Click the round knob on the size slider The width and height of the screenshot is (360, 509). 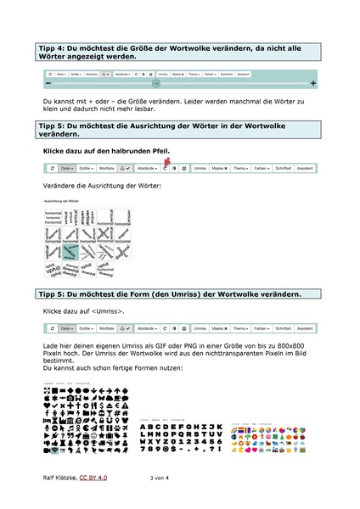click(x=155, y=83)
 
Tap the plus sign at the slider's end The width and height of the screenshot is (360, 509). click(x=313, y=83)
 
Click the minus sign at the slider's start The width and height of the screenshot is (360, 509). click(x=49, y=83)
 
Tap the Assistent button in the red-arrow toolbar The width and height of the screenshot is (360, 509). click(x=305, y=169)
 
